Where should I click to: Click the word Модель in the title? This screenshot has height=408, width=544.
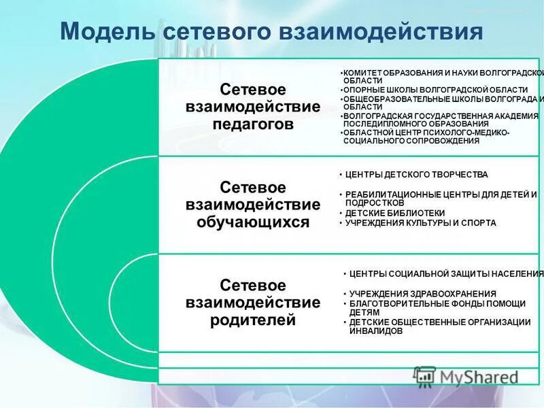tap(106, 33)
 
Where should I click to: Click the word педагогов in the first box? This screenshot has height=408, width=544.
tap(253, 124)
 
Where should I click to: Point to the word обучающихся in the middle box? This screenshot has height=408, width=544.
tap(253, 222)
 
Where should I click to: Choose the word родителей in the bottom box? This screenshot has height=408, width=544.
tap(253, 320)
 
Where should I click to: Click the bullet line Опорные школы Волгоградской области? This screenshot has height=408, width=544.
tap(435, 90)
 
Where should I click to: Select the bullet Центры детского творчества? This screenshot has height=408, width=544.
tap(416, 175)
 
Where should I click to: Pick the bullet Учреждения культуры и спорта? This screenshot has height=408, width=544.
tap(420, 222)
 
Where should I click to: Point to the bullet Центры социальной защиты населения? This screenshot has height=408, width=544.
tap(446, 274)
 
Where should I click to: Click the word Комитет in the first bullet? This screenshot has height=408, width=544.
tap(361, 72)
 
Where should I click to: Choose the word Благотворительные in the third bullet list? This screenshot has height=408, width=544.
tap(395, 303)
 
